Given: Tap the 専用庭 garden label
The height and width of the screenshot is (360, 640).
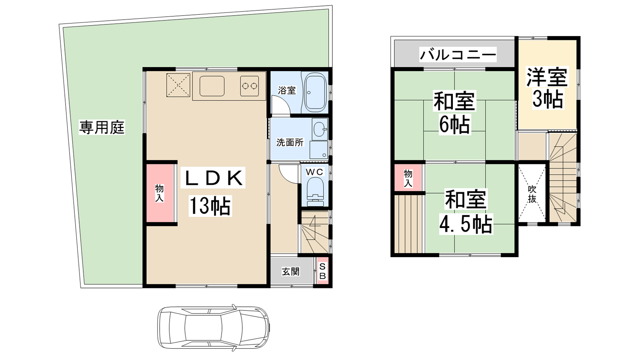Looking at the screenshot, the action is pyautogui.click(x=102, y=128).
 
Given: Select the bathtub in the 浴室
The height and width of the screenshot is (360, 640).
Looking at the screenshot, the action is pyautogui.click(x=315, y=92).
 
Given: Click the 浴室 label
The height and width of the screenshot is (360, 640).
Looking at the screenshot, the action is pyautogui.click(x=286, y=90).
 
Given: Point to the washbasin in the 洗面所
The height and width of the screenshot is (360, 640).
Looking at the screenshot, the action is pyautogui.click(x=320, y=130).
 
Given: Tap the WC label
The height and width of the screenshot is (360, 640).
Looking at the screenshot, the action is pyautogui.click(x=314, y=172).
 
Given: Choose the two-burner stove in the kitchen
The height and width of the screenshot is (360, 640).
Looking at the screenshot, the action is pyautogui.click(x=250, y=86).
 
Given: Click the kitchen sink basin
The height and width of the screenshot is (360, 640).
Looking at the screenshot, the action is pyautogui.click(x=212, y=86).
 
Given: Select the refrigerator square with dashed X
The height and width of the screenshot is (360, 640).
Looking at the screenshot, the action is pyautogui.click(x=178, y=85).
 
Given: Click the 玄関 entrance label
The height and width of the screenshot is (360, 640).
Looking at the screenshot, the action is pyautogui.click(x=290, y=272).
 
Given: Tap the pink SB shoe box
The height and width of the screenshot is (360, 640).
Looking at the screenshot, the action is pyautogui.click(x=322, y=271).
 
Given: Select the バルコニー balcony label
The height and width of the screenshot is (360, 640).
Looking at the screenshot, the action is pyautogui.click(x=458, y=54).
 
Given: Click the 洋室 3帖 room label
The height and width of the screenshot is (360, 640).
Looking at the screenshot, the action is pyautogui.click(x=547, y=88).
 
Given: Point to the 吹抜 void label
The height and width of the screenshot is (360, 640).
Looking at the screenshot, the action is pyautogui.click(x=532, y=194).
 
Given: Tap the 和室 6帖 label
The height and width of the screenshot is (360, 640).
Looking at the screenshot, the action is pyautogui.click(x=454, y=112).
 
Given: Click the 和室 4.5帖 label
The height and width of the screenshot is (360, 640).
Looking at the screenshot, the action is pyautogui.click(x=466, y=212).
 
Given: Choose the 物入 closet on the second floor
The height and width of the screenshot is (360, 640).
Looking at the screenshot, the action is pyautogui.click(x=408, y=178).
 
